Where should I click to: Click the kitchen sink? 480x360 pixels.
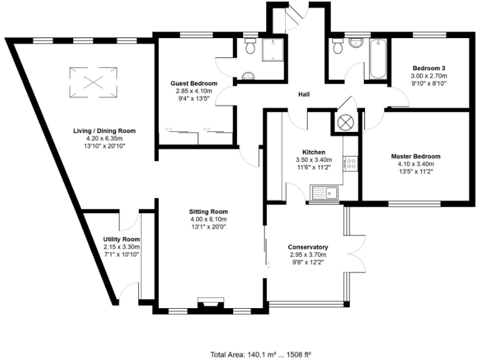(x=326, y=193)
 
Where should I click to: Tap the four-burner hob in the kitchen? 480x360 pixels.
(x=351, y=164)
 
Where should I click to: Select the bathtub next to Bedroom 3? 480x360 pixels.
(x=378, y=59)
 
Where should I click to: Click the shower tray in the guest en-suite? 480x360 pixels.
(x=272, y=49)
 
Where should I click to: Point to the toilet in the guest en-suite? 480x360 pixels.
(x=250, y=46)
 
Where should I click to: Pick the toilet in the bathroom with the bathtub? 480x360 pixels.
(x=338, y=46)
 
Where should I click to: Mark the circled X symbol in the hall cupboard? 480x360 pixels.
(x=346, y=121)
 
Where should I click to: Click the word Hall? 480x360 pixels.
(x=304, y=94)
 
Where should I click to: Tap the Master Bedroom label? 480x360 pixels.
(x=416, y=156)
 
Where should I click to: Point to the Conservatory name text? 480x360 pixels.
(x=308, y=247)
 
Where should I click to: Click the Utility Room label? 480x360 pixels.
(x=121, y=239)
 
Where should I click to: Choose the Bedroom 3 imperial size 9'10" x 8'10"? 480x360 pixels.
(x=428, y=82)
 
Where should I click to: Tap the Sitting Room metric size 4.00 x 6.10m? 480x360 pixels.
(x=209, y=219)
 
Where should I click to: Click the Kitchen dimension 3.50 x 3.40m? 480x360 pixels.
(x=313, y=160)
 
